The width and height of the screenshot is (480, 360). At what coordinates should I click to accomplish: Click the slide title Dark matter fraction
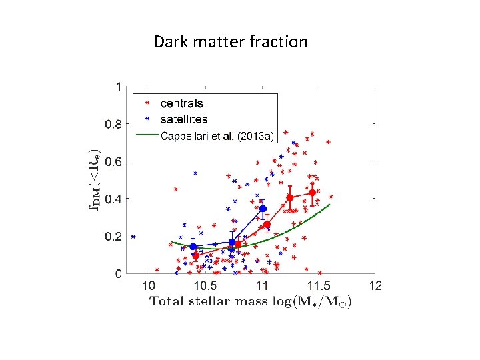(x=231, y=42)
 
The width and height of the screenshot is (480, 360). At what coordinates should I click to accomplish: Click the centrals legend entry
(x=181, y=103)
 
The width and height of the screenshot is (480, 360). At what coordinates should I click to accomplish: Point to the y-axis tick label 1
(x=119, y=87)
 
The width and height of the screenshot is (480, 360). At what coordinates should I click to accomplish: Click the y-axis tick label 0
(x=119, y=274)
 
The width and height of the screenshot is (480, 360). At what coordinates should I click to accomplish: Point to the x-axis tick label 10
(x=150, y=285)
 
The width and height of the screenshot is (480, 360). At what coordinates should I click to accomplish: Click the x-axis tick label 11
(x=263, y=285)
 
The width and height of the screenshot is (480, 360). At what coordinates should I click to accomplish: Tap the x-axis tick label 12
(x=376, y=285)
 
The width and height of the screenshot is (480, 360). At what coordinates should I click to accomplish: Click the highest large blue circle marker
(x=263, y=209)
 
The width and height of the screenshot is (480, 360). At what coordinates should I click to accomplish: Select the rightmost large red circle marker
(x=312, y=193)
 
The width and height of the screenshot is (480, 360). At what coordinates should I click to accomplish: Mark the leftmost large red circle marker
(x=196, y=255)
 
